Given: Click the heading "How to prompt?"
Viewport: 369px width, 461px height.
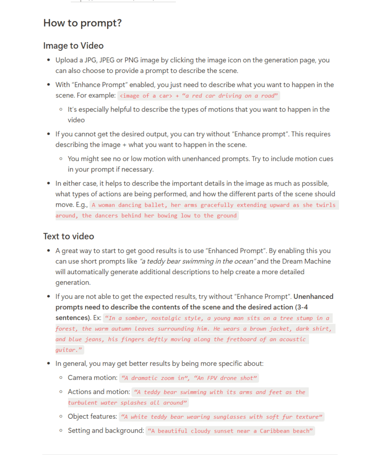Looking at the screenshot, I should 82,23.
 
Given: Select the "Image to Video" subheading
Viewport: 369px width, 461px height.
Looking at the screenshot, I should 73,45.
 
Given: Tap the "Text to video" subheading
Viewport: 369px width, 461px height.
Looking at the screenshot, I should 68,236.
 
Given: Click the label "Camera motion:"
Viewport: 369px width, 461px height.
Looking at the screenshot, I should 93,378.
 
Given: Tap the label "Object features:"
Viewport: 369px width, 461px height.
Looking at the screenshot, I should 93,416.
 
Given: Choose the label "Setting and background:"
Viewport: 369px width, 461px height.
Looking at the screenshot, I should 106,430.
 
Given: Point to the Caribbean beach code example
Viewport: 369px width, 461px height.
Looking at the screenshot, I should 230,431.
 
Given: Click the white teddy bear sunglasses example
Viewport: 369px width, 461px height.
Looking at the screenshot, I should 221,417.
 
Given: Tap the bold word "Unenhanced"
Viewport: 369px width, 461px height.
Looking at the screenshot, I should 313,297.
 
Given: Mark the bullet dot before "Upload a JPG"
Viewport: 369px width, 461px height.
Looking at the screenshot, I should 49,60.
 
